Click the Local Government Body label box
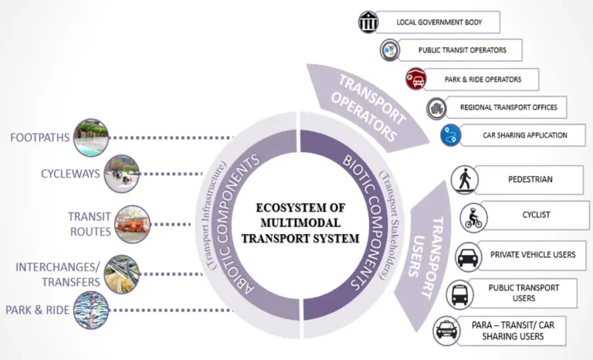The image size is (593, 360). pos(439,22)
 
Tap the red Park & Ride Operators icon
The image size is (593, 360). pos(415,79)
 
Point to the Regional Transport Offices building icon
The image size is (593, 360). pos(437,107)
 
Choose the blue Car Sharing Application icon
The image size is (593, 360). pos(451,135)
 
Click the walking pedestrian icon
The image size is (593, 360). pos(465,179)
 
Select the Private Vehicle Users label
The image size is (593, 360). pos(532,255)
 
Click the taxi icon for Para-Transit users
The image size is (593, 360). pos(446,331)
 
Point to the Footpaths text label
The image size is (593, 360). pos(39,138)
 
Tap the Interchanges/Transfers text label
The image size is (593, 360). pos(58,273)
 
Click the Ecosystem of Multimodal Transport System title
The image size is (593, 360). pos(300,223)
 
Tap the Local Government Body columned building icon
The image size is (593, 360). pos(369,22)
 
